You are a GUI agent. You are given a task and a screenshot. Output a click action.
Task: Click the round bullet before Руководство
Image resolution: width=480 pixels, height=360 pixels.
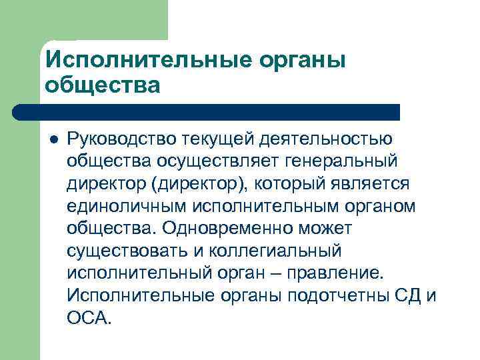[x=53, y=139]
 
